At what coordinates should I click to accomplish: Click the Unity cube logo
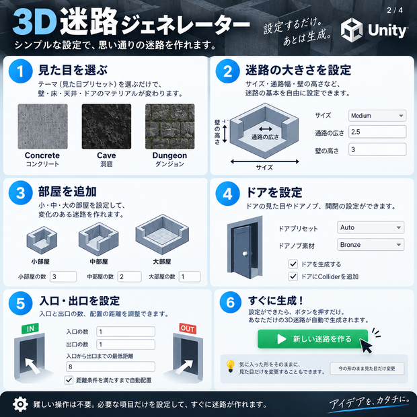pyautogui.click(x=352, y=30)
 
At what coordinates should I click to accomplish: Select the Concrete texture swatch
pyautogui.click(x=42, y=126)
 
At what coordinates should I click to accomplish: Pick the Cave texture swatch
pyautogui.click(x=106, y=126)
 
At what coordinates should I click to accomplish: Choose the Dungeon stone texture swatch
pyautogui.click(x=170, y=126)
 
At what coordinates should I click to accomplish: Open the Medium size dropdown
pyautogui.click(x=377, y=116)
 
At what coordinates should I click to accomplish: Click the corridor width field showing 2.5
pyautogui.click(x=377, y=132)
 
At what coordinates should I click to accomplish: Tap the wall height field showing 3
pyautogui.click(x=377, y=149)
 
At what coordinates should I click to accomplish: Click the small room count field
pyautogui.click(x=63, y=276)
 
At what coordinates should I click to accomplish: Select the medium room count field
pyautogui.click(x=130, y=276)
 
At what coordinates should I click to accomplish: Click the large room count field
pyautogui.click(x=190, y=276)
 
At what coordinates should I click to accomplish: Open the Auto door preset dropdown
pyautogui.click(x=371, y=227)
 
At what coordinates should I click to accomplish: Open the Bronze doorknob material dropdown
pyautogui.click(x=371, y=245)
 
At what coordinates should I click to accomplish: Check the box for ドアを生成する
pyautogui.click(x=293, y=264)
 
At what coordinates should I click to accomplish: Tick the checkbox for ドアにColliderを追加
pyautogui.click(x=293, y=276)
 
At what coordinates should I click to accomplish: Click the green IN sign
pyautogui.click(x=30, y=328)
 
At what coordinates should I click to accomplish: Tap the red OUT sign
pyautogui.click(x=188, y=329)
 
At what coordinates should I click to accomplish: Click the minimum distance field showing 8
pyautogui.click(x=110, y=367)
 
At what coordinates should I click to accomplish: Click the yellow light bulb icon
pyautogui.click(x=230, y=366)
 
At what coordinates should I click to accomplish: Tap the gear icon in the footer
pyautogui.click(x=20, y=404)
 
